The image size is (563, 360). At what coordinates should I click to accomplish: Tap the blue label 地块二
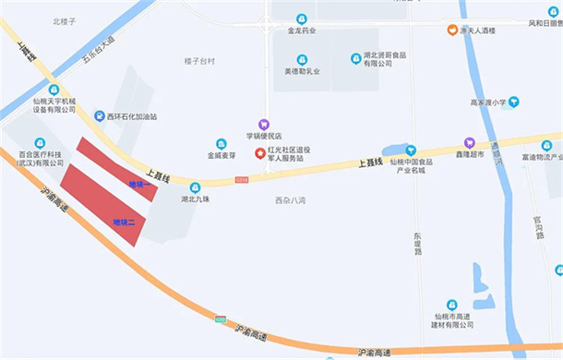pos(124,222)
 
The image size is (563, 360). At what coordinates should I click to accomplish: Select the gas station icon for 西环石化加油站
pos(99,116)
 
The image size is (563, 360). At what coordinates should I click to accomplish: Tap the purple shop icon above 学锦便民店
pos(264,123)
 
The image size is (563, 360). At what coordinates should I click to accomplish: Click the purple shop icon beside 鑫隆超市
pos(470,143)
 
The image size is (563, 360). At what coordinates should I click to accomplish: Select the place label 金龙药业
pos(301,30)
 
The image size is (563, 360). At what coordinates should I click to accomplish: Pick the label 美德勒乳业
pos(301,70)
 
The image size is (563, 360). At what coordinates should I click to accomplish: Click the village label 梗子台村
pos(198,61)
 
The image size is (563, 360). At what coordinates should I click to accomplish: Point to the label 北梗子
pos(64,19)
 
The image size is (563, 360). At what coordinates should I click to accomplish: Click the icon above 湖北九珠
pos(195,186)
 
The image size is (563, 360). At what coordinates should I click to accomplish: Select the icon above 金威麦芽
pos(222,144)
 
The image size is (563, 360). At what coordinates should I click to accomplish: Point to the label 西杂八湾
pos(290,200)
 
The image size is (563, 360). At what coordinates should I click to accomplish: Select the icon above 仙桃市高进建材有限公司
pos(451,304)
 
